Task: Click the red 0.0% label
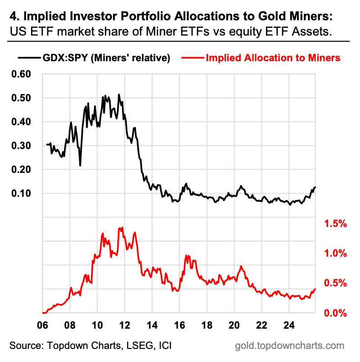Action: coord(335,313)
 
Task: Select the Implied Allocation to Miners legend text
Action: coord(273,58)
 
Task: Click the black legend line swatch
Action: coord(28,58)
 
